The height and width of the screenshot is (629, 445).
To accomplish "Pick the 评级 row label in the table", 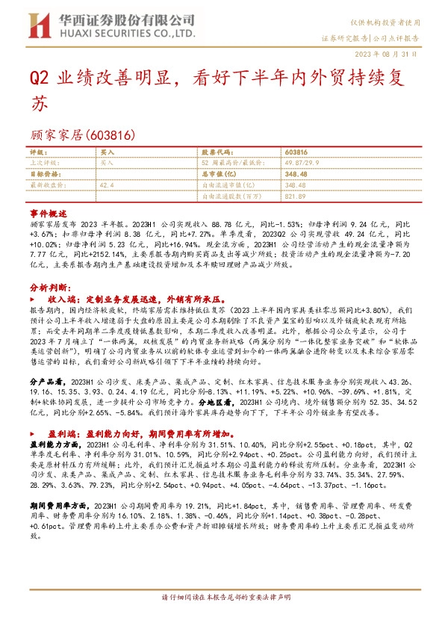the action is point(39,152).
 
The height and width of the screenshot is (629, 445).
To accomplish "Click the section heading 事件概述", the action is point(49,213).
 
